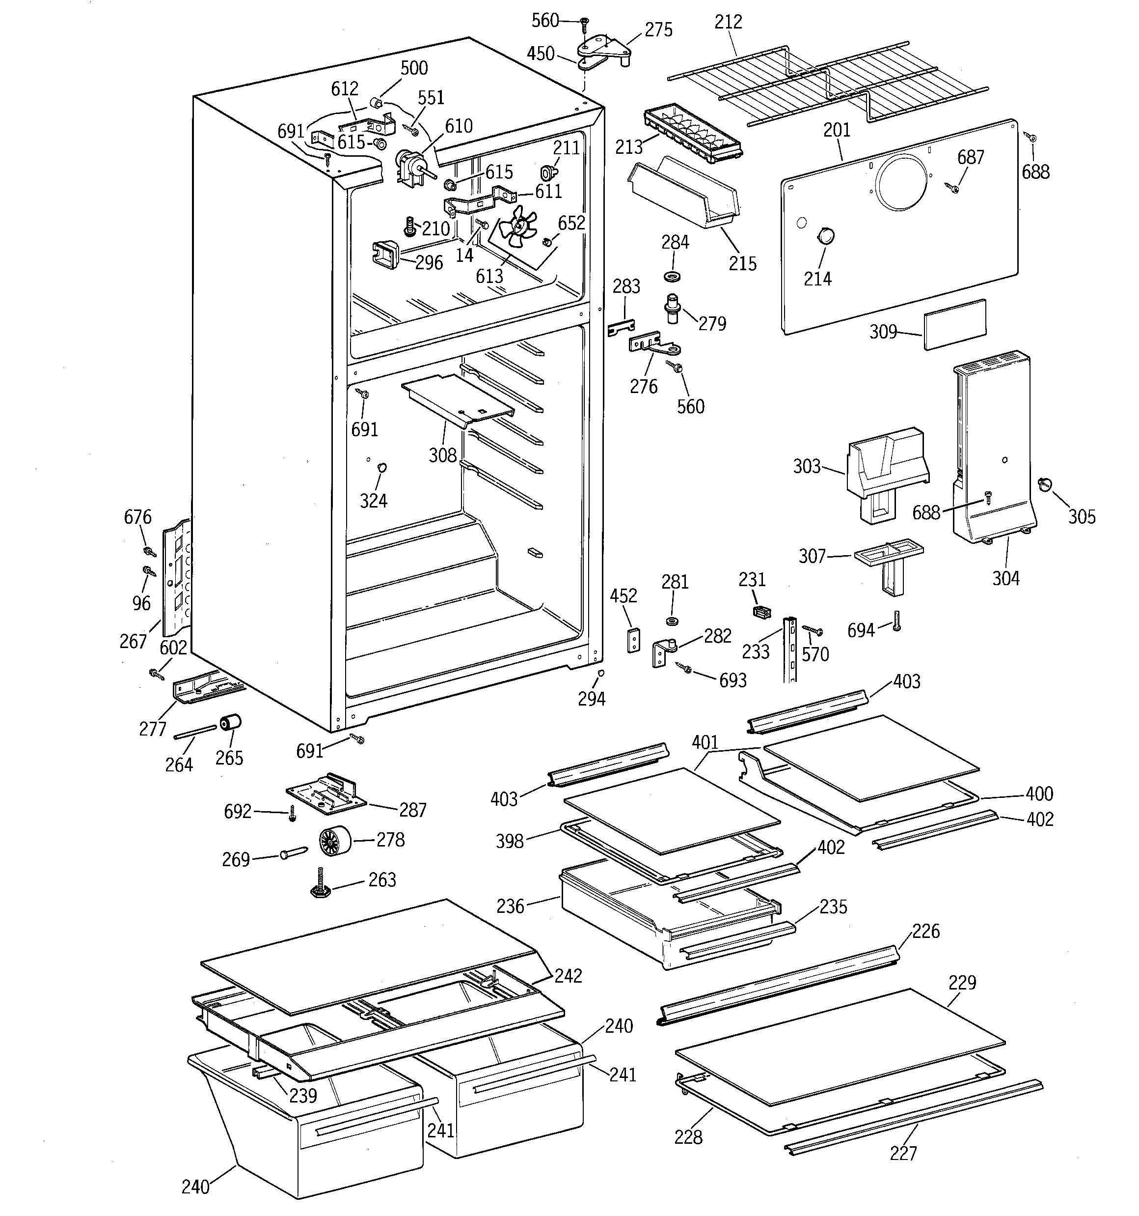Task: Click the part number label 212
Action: [728, 22]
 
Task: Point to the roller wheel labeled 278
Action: [334, 841]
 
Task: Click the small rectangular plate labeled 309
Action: [954, 324]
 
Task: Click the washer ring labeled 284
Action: [673, 277]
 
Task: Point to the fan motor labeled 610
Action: [408, 165]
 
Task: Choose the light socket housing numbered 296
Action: [385, 253]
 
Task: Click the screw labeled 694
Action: [897, 621]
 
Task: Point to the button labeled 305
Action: [1044, 484]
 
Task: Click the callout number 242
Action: [568, 976]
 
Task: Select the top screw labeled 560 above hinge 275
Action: [584, 24]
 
